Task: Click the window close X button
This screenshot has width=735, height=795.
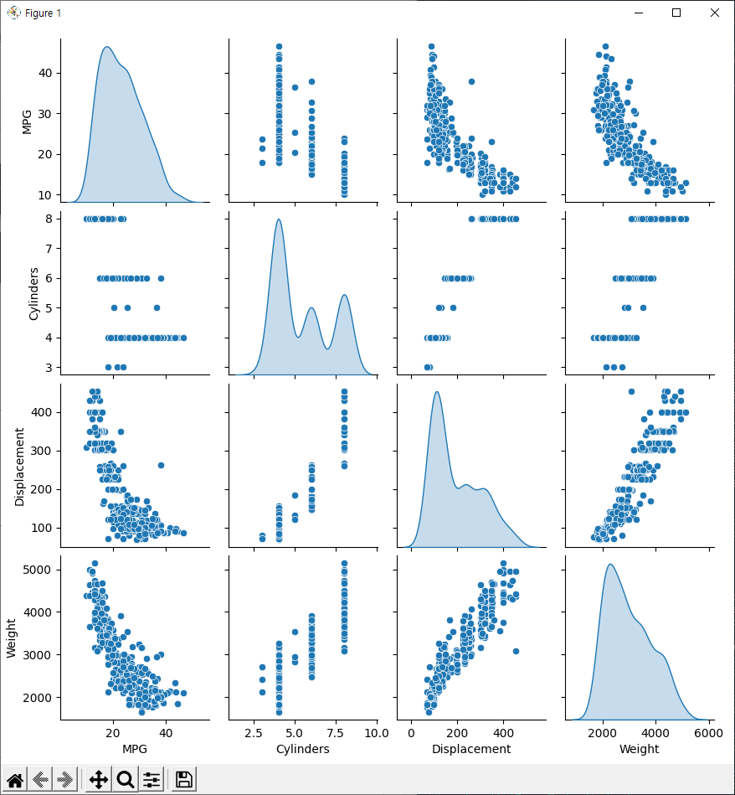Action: pos(714,13)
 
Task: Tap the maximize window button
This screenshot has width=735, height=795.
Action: pos(676,13)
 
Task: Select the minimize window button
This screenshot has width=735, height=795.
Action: pos(638,13)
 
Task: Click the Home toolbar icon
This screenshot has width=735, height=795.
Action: pos(15,780)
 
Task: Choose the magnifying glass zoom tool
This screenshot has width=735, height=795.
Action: pos(126,780)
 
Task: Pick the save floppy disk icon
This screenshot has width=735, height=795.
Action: pos(184,780)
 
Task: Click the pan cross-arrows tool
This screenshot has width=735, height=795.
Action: pos(98,780)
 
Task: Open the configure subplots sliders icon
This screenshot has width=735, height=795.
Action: pos(152,780)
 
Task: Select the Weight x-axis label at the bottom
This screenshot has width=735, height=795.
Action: pos(638,749)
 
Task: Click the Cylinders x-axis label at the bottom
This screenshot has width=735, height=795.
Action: pos(302,749)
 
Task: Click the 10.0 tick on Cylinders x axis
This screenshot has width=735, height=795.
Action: pos(376,732)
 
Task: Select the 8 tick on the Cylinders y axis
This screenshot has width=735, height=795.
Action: pos(50,219)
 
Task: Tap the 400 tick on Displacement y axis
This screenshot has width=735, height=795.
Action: pos(44,412)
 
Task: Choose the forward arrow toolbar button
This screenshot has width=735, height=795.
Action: pos(64,780)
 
